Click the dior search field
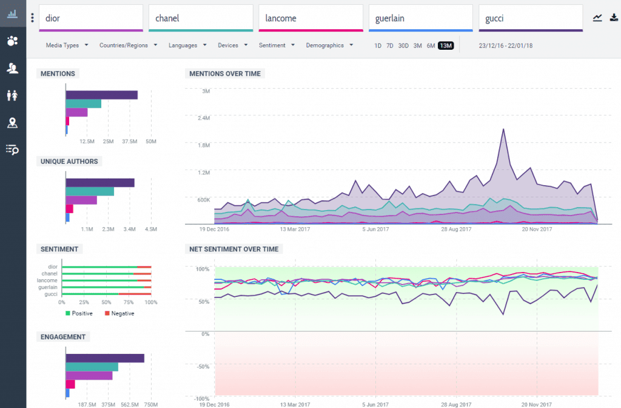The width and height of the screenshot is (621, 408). [x=91, y=18]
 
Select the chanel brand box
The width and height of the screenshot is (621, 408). [x=201, y=18]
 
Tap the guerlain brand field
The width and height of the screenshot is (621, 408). [x=421, y=18]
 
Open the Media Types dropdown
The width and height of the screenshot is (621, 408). [x=67, y=46]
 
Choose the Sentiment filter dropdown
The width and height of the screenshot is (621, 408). [x=277, y=46]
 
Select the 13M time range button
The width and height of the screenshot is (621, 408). [x=446, y=46]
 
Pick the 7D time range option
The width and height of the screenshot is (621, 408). [x=390, y=46]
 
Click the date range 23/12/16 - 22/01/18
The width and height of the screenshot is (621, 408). [x=505, y=46]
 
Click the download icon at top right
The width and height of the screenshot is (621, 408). [x=614, y=18]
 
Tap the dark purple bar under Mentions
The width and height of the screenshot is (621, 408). [x=101, y=95]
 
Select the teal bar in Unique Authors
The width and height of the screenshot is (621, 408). [x=90, y=192]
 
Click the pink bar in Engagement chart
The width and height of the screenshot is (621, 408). [x=70, y=384]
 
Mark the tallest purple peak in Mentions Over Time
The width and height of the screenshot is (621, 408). [x=503, y=129]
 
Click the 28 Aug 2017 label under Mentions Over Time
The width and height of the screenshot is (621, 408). [x=455, y=229]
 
